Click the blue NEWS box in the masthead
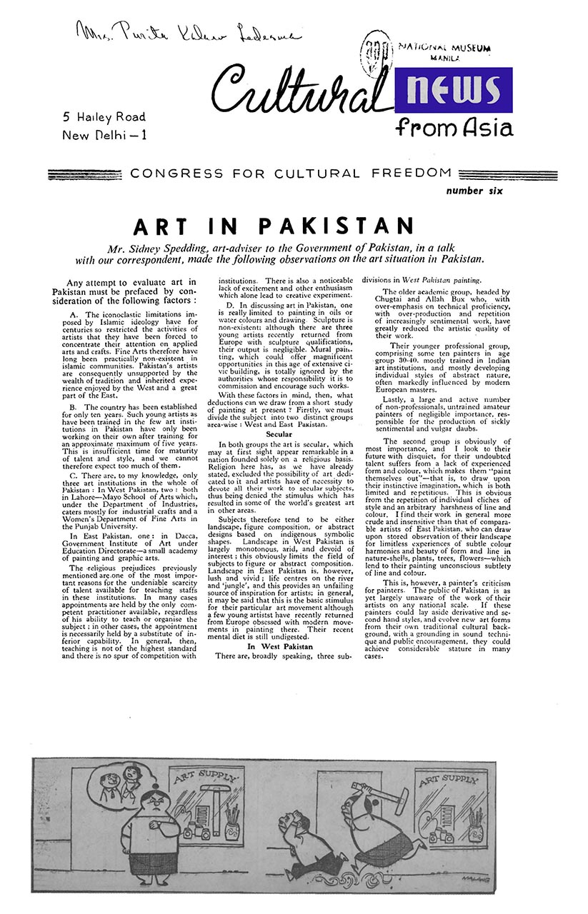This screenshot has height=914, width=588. click(x=453, y=90)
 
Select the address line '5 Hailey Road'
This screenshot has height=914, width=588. click(x=104, y=117)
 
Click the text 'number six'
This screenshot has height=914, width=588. click(x=474, y=191)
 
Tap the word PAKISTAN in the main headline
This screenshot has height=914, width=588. click(x=337, y=226)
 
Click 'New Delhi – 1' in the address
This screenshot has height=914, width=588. click(x=105, y=135)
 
